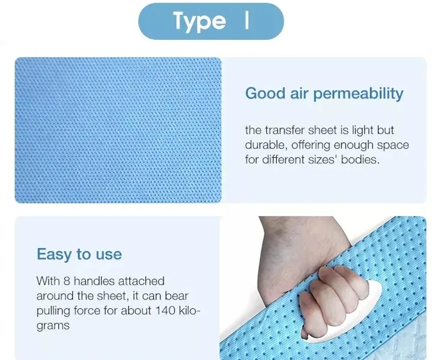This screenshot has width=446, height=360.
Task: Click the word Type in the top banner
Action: coord(199,21)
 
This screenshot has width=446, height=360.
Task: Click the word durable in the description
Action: coord(264,145)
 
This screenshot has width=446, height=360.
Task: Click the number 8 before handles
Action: coord(66,281)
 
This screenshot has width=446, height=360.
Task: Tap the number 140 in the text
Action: coord(164,311)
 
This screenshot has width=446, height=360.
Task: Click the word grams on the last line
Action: coord(53,326)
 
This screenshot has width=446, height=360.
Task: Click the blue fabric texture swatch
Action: coord(118,130)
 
